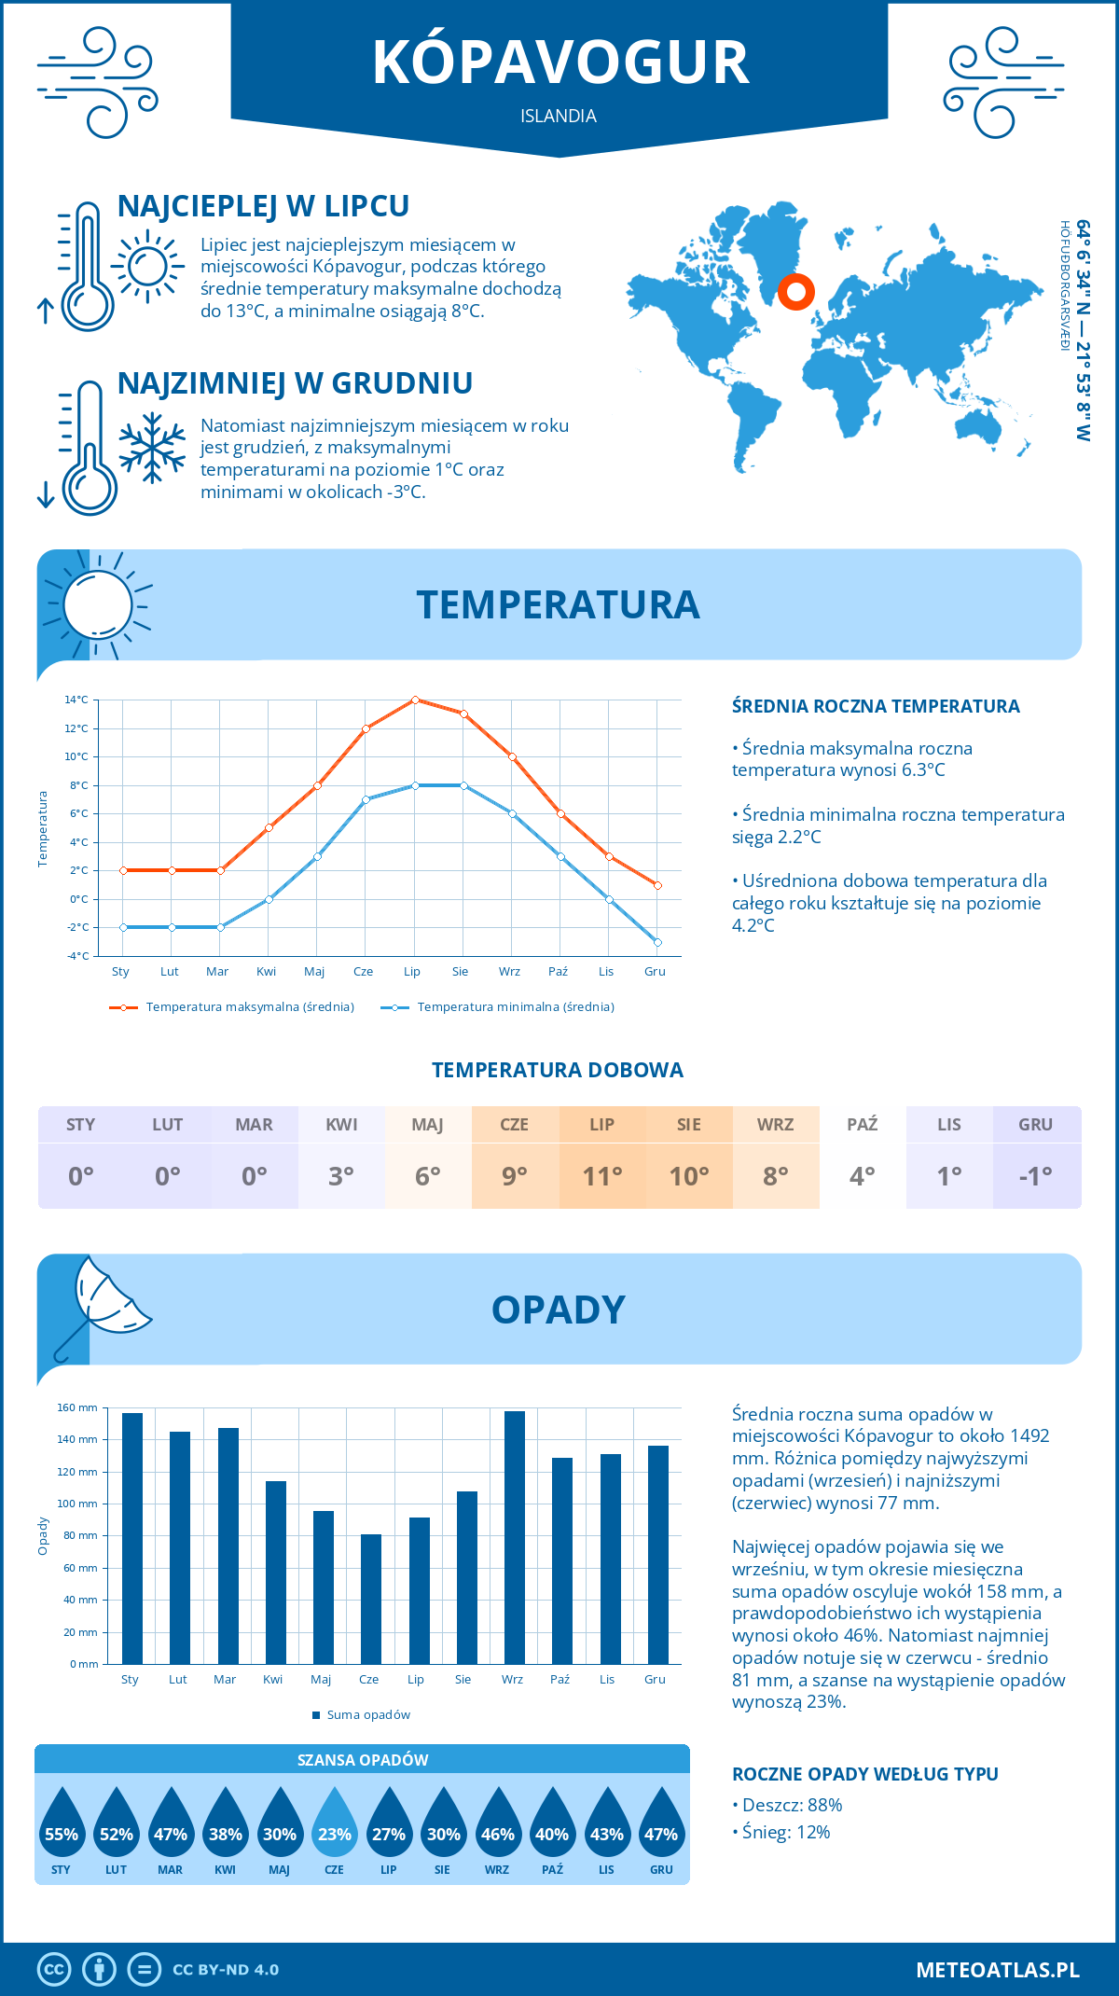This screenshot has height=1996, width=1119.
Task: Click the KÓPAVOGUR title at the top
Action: point(560,63)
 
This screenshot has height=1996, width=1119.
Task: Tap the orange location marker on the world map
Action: point(795,292)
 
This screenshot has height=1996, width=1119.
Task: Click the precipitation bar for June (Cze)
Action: point(371,1599)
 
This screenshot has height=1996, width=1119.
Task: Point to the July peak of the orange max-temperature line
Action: point(415,700)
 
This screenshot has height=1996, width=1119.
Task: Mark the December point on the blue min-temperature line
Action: point(657,942)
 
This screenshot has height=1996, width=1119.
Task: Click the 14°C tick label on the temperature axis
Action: point(76,700)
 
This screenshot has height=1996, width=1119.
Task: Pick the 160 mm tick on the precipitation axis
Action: point(78,1407)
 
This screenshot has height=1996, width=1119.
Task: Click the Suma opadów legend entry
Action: point(367,1714)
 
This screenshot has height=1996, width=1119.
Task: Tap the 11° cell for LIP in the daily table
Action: point(602,1175)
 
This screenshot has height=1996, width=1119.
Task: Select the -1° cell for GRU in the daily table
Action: point(1036,1175)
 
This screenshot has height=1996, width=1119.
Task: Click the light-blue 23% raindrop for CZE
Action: point(334,1828)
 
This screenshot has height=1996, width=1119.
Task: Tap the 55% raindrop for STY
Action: point(62,1828)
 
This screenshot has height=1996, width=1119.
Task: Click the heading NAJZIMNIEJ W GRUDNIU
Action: point(295,383)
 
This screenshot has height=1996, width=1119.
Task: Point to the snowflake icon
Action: point(152,448)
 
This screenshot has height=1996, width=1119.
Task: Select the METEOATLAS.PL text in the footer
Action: point(997,1970)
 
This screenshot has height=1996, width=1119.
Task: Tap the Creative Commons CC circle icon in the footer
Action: point(54,1970)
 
